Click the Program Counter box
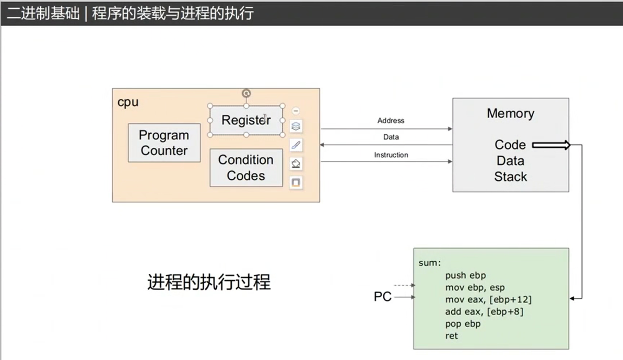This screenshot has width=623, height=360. [164, 143]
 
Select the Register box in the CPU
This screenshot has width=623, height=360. [246, 120]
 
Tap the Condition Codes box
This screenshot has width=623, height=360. [245, 168]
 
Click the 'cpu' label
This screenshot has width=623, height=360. [128, 102]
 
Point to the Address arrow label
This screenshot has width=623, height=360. [391, 121]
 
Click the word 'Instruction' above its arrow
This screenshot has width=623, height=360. [391, 155]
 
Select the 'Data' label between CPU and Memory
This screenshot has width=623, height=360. [391, 137]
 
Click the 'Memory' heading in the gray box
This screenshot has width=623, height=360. [510, 113]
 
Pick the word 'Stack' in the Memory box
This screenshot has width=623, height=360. [510, 177]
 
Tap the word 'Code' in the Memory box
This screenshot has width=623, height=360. [510, 145]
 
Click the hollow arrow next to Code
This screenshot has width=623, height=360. [551, 145]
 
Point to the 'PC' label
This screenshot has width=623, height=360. [382, 297]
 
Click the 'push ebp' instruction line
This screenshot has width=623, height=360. [466, 275]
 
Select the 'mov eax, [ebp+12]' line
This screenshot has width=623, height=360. [488, 299]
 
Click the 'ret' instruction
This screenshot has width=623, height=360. [451, 336]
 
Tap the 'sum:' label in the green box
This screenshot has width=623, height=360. [430, 263]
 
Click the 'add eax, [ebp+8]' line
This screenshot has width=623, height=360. [484, 311]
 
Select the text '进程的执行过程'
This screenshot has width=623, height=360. [209, 283]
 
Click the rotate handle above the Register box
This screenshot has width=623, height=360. [246, 94]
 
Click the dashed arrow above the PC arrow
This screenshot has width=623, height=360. [404, 285]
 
